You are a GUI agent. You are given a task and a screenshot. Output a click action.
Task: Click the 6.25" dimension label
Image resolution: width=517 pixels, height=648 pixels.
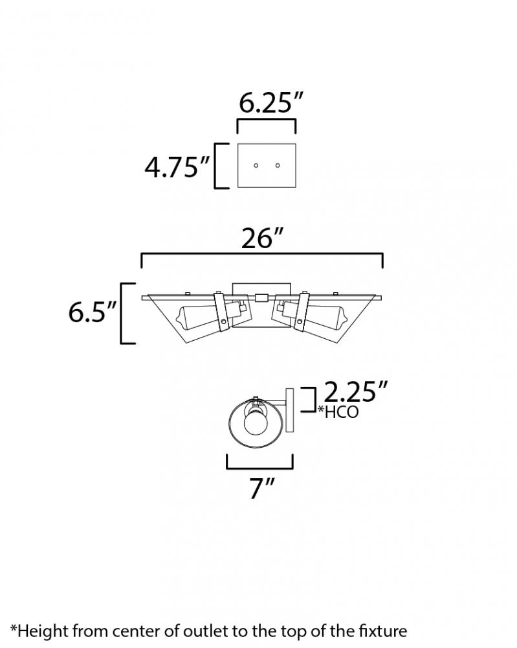click(271, 103)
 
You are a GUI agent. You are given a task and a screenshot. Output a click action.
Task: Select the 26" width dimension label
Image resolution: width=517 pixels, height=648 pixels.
click(263, 238)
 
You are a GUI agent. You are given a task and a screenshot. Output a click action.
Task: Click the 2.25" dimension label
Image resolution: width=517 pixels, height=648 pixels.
click(356, 391)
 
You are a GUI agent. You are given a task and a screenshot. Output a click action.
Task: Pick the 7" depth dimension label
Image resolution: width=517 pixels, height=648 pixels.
click(262, 488)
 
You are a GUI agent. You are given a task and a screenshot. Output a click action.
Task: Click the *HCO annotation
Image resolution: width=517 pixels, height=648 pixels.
click(338, 411)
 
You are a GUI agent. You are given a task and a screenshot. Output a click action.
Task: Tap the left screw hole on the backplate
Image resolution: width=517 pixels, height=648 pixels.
click(256, 166)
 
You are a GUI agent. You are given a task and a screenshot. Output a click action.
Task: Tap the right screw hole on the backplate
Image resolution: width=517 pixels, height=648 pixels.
click(278, 166)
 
